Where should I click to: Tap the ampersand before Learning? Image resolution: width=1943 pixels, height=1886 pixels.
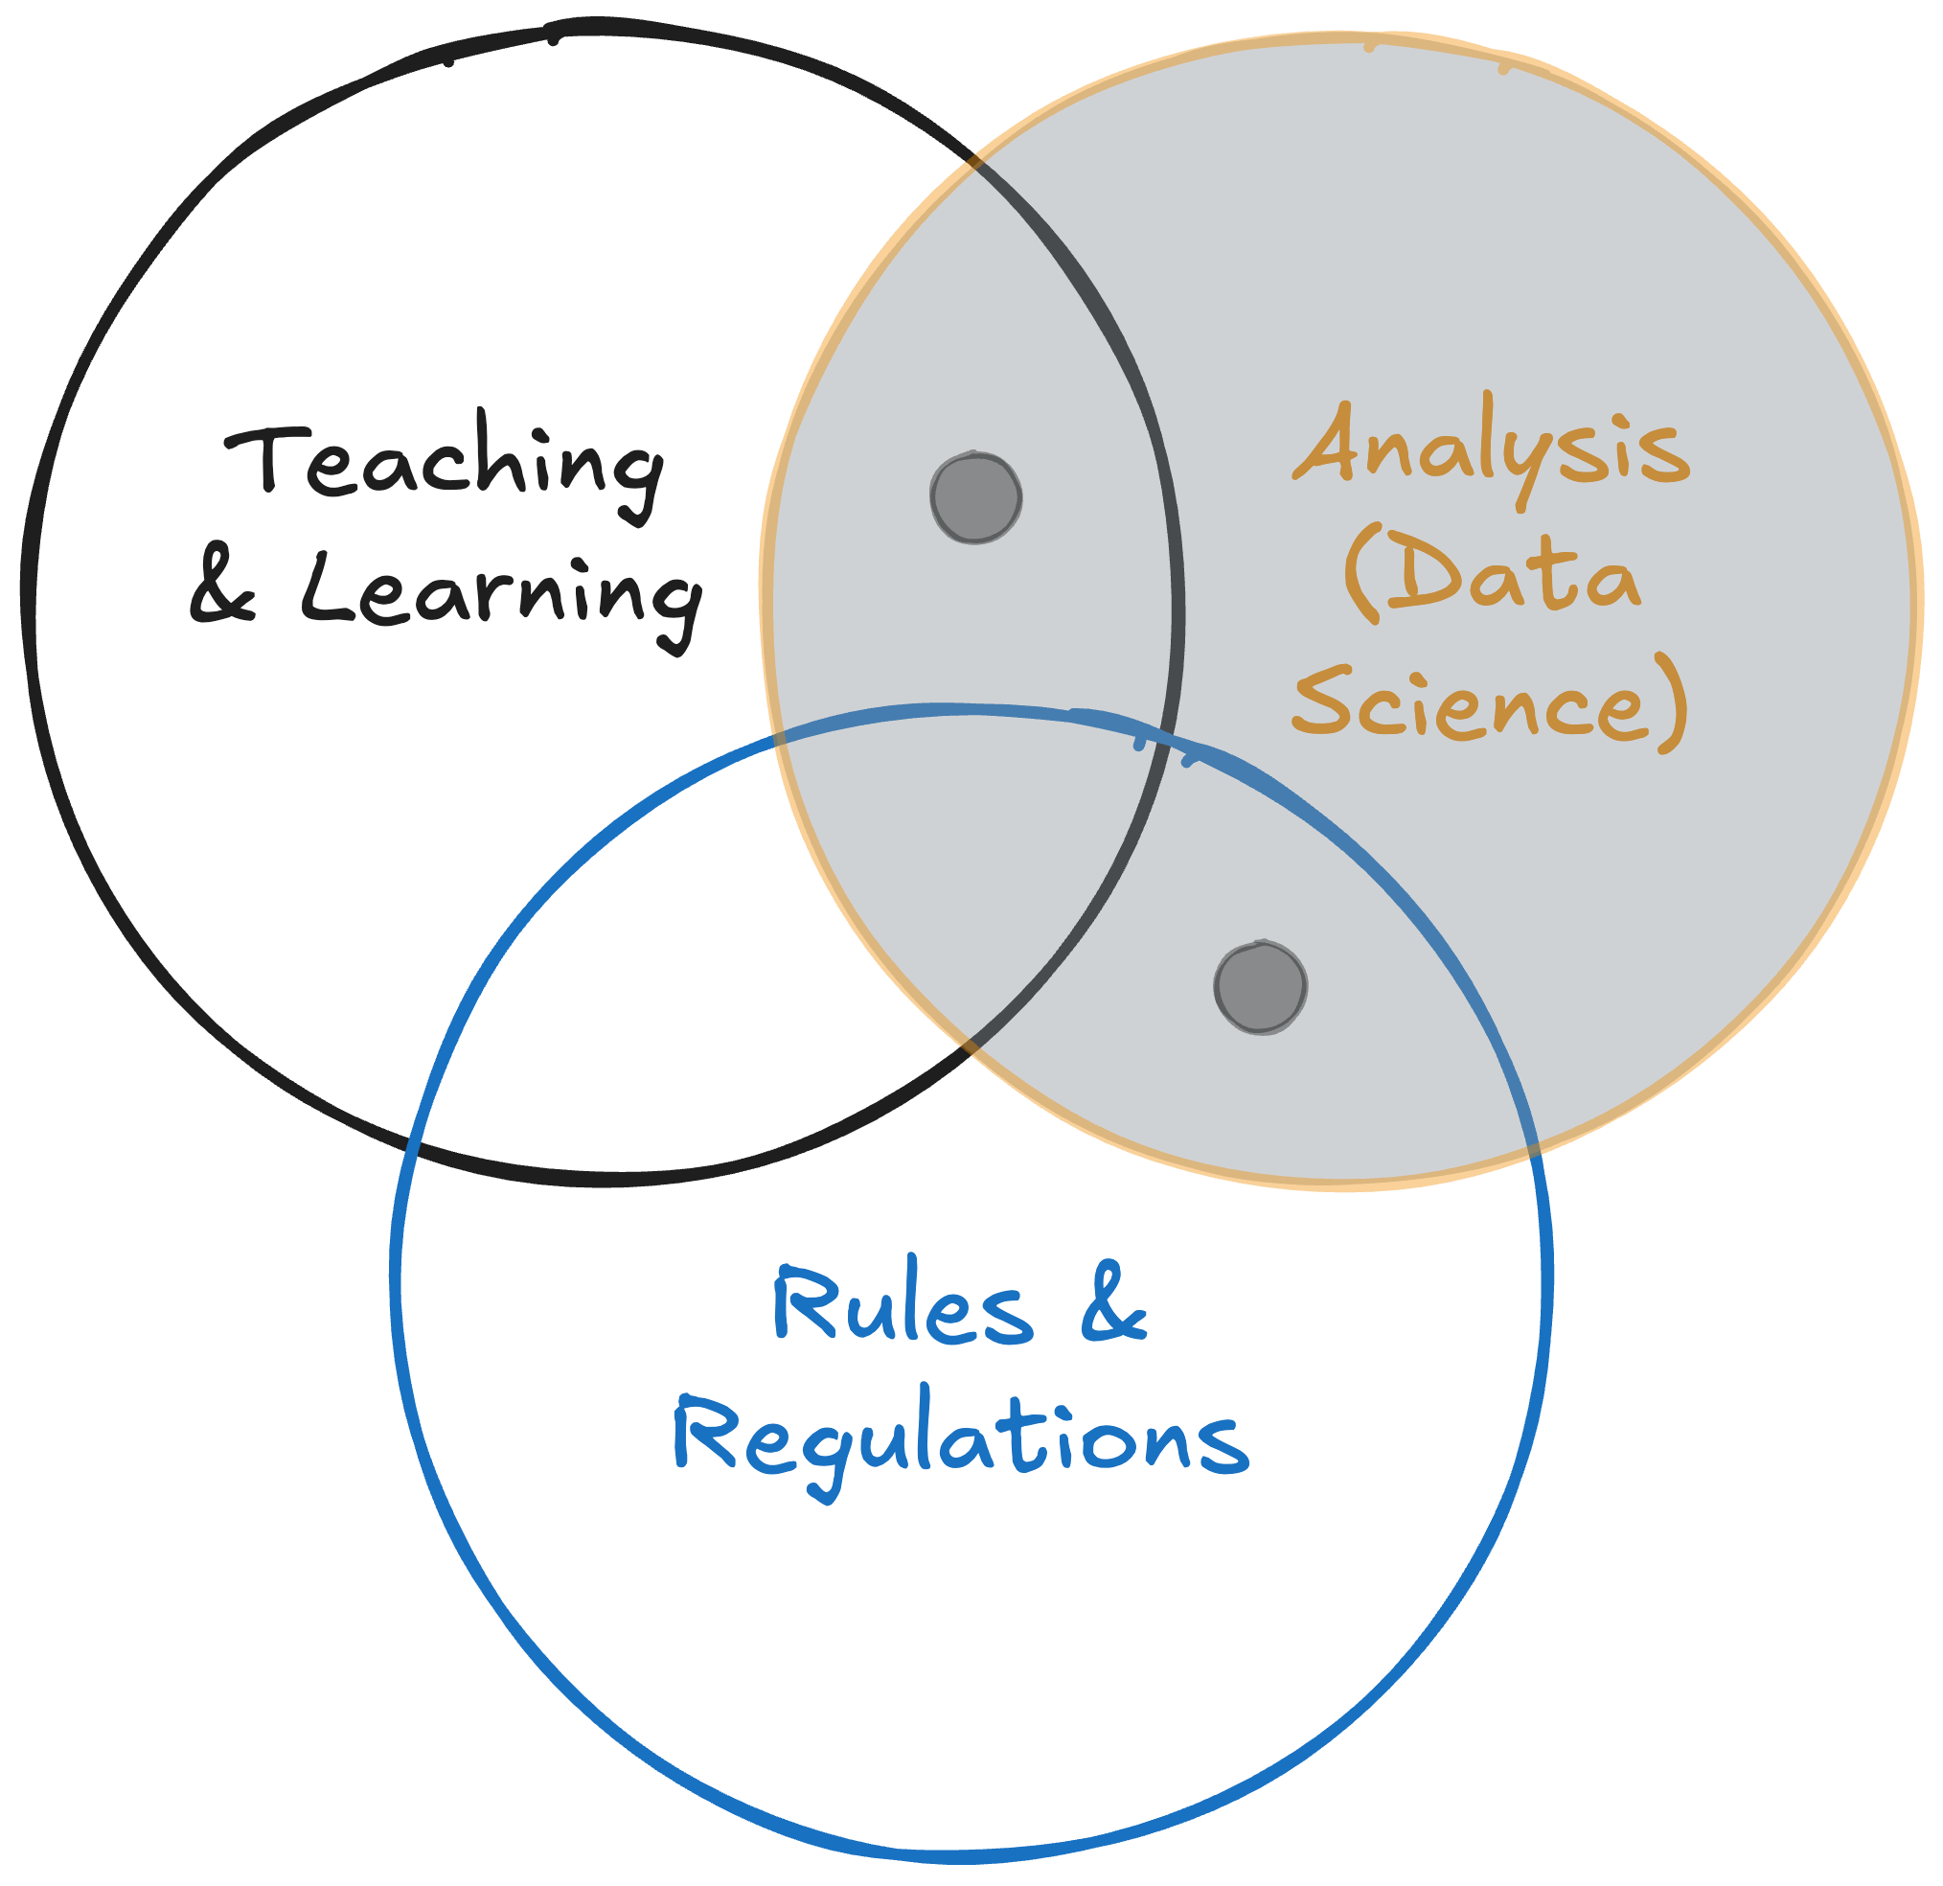pos(224,590)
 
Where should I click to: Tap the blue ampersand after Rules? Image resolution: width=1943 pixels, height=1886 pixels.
pos(1113,1303)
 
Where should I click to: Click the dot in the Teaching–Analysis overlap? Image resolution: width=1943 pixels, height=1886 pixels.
pos(975,497)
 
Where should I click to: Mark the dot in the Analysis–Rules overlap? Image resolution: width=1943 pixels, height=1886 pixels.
pos(1260,987)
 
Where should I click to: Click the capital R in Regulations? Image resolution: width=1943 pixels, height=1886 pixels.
pos(705,1433)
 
